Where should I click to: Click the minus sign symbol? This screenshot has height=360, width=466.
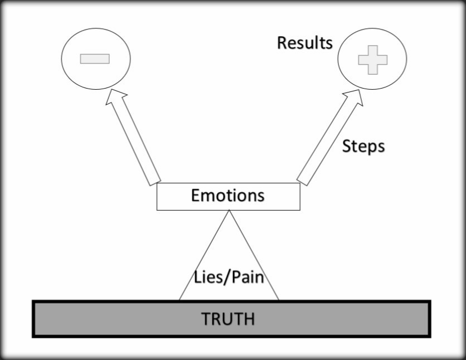point(95,59)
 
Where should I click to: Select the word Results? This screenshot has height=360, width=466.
point(304,43)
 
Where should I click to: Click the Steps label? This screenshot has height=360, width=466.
point(363,147)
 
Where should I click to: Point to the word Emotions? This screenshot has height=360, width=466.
point(227,196)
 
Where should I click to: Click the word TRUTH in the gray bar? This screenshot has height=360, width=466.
point(228,319)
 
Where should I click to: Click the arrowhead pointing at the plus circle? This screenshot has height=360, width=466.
point(353,98)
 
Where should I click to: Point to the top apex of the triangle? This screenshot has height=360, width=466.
point(229,211)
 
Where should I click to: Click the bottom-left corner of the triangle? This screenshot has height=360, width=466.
point(179,300)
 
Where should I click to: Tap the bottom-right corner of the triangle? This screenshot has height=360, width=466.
point(278,300)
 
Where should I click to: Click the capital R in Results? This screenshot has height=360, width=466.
point(282,43)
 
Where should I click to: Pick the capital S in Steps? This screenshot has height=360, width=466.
point(347,147)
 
